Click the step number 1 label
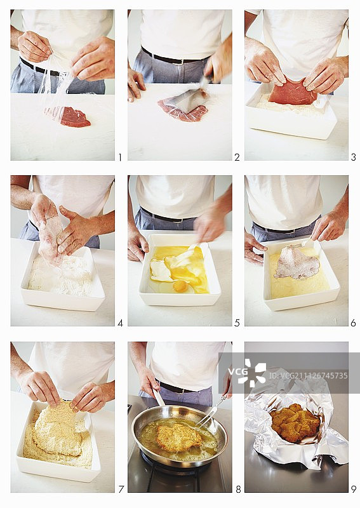pyautogui.click(x=119, y=157)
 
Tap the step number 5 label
pyautogui.click(x=237, y=323)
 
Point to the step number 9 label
pyautogui.click(x=353, y=489)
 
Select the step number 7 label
pyautogui.click(x=121, y=489)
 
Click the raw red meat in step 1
pyautogui.click(x=75, y=117)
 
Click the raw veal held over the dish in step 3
pyautogui.click(x=292, y=91)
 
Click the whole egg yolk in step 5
pyautogui.click(x=180, y=286)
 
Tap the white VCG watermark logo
pyautogui.click(x=247, y=373)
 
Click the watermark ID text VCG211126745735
pyautogui.click(x=308, y=375)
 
